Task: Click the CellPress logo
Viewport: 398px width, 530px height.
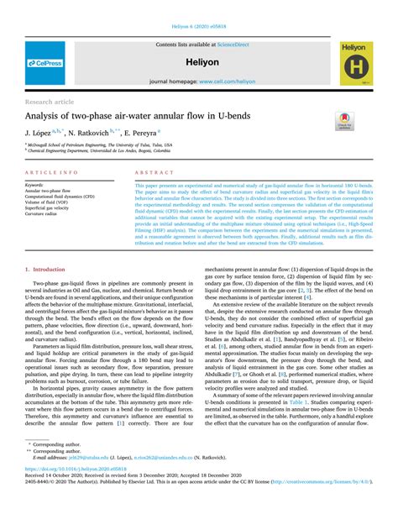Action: pos(45,63)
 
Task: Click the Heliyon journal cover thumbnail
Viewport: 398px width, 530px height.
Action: pos(357,63)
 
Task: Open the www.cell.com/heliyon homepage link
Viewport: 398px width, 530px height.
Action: pos(227,81)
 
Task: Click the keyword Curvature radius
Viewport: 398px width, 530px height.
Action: pos(46,213)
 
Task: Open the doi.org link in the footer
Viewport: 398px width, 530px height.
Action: pos(76,491)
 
